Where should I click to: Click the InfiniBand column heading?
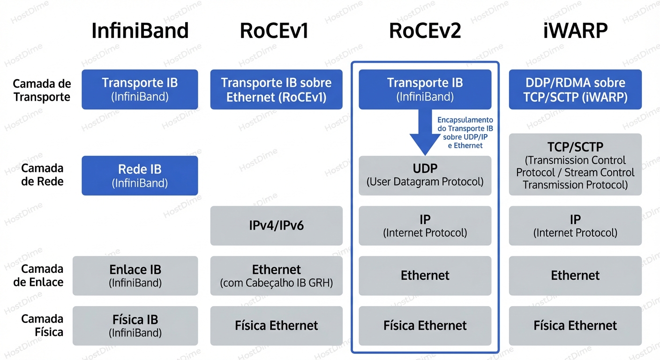click(140, 31)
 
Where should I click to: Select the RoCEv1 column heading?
click(274, 31)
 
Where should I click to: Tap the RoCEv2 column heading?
click(425, 31)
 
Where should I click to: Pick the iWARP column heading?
click(575, 31)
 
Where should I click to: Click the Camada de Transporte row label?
click(42, 90)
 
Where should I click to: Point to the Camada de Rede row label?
click(42, 175)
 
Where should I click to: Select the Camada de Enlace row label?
click(42, 275)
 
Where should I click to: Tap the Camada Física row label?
click(42, 325)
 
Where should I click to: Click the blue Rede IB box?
click(140, 176)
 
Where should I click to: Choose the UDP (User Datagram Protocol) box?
click(425, 176)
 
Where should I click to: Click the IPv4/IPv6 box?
click(276, 225)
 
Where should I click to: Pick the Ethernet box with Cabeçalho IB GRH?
click(276, 276)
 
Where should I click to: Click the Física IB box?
click(135, 326)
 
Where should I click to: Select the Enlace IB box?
click(135, 276)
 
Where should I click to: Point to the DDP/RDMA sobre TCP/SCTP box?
click(575, 90)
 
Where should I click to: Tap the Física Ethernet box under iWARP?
click(575, 326)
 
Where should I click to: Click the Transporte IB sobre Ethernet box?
click(276, 90)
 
